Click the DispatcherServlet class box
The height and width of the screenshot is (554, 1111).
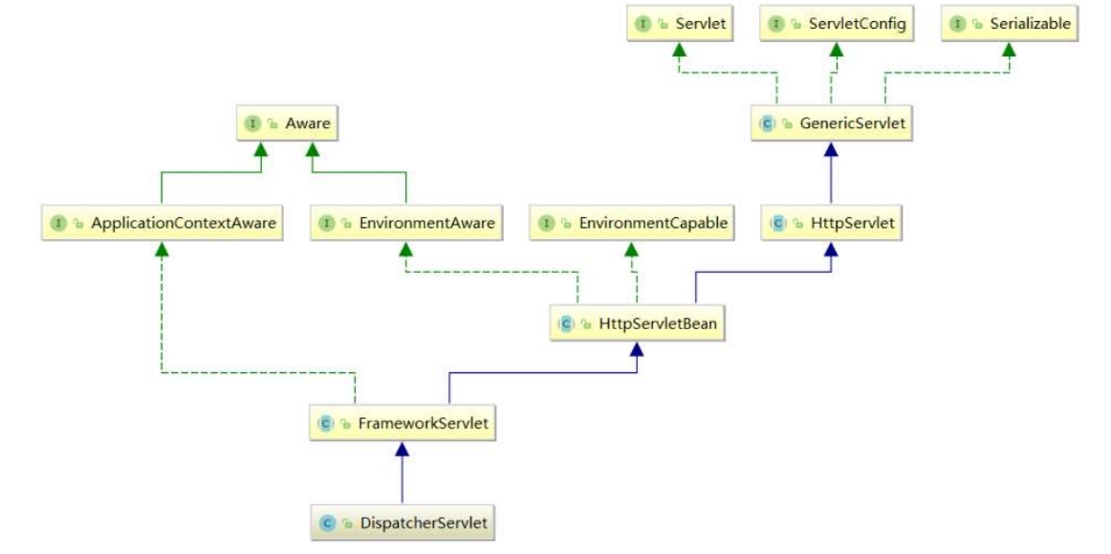[402, 523]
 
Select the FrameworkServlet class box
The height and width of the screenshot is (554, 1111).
[402, 424]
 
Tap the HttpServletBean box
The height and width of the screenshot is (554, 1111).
[638, 323]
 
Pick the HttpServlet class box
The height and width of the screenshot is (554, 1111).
[832, 224]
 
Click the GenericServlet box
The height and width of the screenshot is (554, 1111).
[831, 123]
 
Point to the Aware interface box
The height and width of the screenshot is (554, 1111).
[287, 123]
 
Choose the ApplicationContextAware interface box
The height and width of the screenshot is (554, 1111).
[163, 224]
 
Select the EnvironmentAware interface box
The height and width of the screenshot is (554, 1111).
[406, 224]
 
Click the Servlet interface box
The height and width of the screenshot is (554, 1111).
[680, 23]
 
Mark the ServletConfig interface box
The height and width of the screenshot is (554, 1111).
[837, 23]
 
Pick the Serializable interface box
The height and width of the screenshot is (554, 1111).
[1009, 23]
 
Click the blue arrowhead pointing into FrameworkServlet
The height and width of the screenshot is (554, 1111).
[402, 449]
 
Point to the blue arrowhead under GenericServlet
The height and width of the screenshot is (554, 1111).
[831, 148]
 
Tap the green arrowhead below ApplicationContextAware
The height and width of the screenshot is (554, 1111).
[163, 248]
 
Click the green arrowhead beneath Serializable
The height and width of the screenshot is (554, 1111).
[1009, 48]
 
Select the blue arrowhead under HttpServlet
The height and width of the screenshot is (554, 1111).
[832, 248]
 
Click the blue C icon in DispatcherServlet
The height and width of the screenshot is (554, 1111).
[327, 523]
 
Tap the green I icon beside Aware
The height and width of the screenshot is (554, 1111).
[253, 123]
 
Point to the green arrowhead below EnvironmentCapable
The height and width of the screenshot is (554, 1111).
[632, 248]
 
